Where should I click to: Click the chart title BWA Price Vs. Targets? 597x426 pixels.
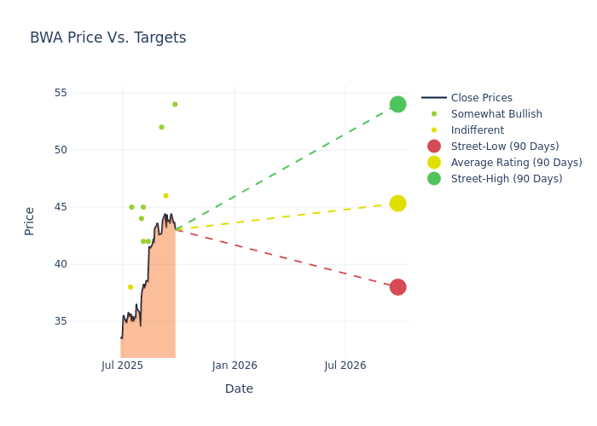(x=107, y=38)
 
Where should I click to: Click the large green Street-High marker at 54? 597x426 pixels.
(x=397, y=104)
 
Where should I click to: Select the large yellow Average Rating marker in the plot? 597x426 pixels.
(x=397, y=203)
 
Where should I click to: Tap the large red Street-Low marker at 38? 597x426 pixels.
(x=397, y=287)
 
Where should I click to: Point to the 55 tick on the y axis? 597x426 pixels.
(x=83, y=93)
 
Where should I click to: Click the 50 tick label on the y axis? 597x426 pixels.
(x=83, y=150)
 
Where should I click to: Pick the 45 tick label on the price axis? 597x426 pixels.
(x=83, y=207)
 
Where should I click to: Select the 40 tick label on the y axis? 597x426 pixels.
(x=83, y=264)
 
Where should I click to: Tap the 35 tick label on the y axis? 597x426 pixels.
(x=83, y=321)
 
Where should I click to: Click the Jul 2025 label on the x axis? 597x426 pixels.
(x=122, y=366)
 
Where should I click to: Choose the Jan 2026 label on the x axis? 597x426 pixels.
(x=235, y=366)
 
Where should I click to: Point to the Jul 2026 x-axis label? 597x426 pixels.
(x=345, y=366)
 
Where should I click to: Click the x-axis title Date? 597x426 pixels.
(x=239, y=389)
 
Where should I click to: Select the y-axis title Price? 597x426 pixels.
(x=30, y=221)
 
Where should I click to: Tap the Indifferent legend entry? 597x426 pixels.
(x=477, y=130)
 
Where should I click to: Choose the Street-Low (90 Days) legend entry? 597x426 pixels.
(x=504, y=147)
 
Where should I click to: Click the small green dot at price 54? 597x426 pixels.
(x=175, y=104)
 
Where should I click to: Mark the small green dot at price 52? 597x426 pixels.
(x=161, y=127)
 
